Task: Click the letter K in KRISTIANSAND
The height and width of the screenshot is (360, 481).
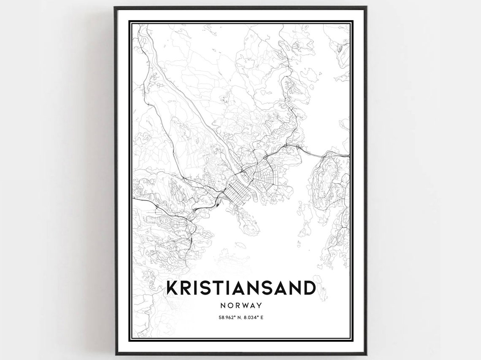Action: pyautogui.click(x=173, y=288)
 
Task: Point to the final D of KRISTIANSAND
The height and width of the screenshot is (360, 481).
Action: pyautogui.click(x=308, y=288)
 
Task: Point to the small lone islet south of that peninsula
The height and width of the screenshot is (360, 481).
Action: pyautogui.click(x=240, y=244)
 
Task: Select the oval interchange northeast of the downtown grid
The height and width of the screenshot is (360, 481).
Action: pyautogui.click(x=267, y=157)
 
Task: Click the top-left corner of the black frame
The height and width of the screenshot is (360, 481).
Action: pyautogui.click(x=115, y=7)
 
